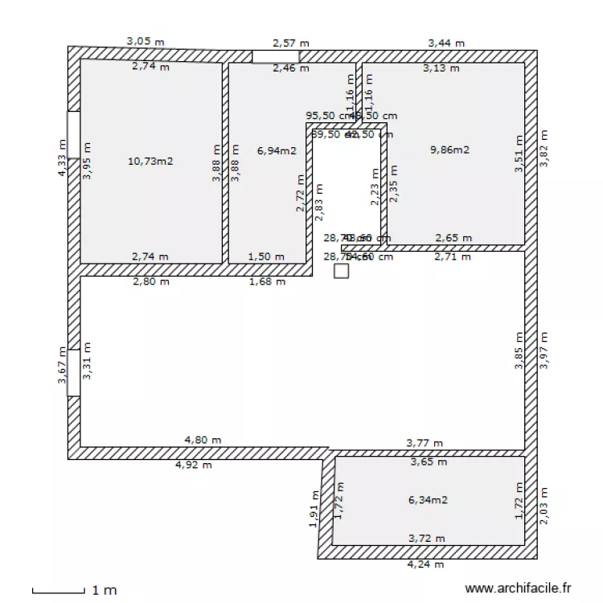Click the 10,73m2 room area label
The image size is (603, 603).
click(x=150, y=161)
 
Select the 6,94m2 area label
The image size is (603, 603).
click(x=277, y=150)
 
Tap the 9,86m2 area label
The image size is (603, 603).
click(x=449, y=150)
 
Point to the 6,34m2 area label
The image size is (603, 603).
click(x=428, y=499)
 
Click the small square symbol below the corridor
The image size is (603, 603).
click(x=342, y=272)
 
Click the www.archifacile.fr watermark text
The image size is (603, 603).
click(x=518, y=589)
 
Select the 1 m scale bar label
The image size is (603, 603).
click(x=104, y=590)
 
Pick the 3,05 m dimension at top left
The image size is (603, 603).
click(x=146, y=40)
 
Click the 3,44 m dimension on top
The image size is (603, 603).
click(x=446, y=43)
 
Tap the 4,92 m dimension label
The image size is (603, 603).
click(x=194, y=465)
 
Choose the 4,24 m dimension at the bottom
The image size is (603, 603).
click(x=426, y=564)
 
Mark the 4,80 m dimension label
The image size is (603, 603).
click(x=203, y=440)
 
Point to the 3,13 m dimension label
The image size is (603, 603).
click(x=441, y=68)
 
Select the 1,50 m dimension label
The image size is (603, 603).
click(x=265, y=256)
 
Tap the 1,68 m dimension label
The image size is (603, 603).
click(x=267, y=281)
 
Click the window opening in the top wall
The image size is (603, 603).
click(x=275, y=56)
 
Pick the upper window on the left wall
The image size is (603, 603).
click(x=73, y=134)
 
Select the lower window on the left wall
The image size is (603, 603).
click(x=73, y=372)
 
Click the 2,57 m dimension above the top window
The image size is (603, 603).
click(x=290, y=43)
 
